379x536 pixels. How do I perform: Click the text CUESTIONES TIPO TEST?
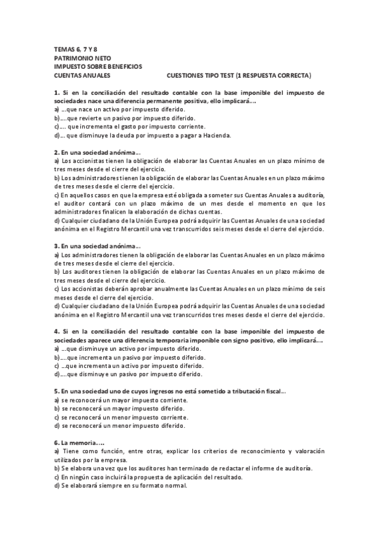point(199,75)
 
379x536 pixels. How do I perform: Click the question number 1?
point(56,92)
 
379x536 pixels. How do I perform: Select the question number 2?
point(56,153)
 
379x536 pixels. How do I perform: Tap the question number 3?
point(56,245)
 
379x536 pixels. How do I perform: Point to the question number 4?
point(56,331)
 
